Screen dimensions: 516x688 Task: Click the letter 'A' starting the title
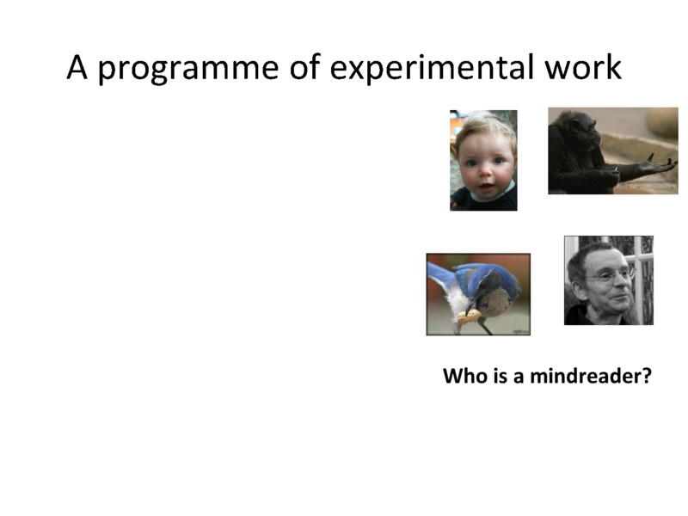point(77,67)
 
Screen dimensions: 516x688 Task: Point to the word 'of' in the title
point(304,67)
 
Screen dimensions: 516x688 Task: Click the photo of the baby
point(483,160)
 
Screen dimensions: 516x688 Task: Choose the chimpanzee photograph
point(612,150)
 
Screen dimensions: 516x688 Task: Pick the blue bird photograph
point(478,293)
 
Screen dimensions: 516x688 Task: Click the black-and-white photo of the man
point(608,280)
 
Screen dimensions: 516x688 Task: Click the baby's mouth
point(483,187)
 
